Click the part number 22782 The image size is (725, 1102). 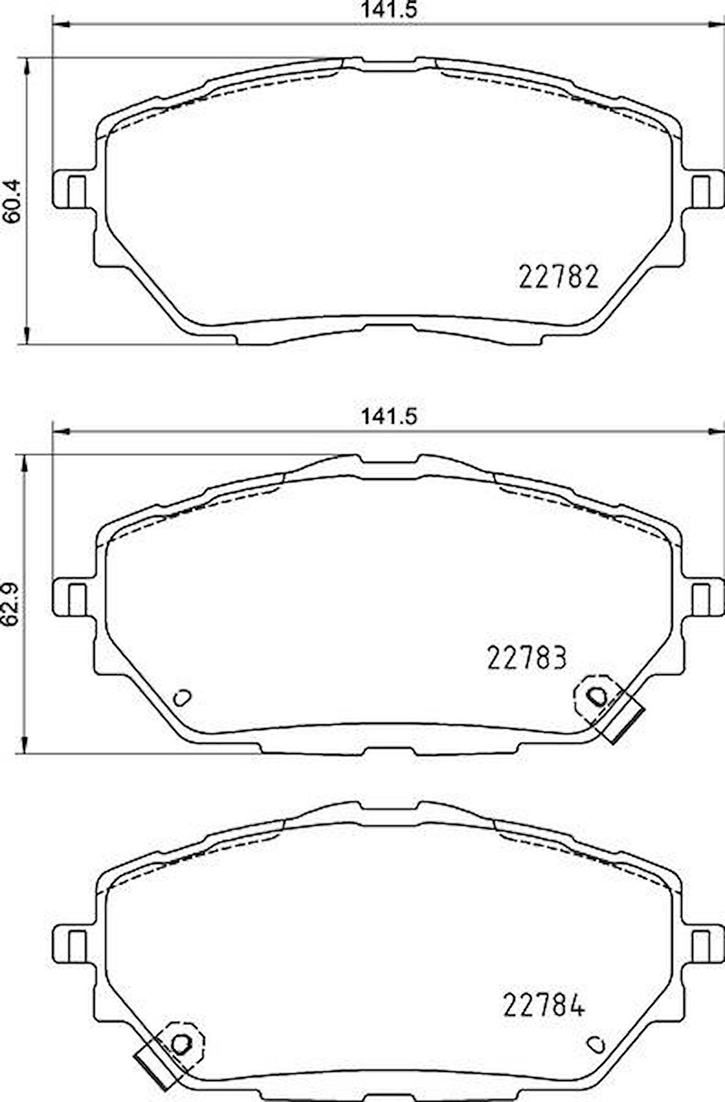click(558, 278)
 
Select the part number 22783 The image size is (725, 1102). click(527, 658)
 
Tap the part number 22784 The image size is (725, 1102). click(544, 1005)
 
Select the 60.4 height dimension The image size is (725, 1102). click(13, 200)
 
